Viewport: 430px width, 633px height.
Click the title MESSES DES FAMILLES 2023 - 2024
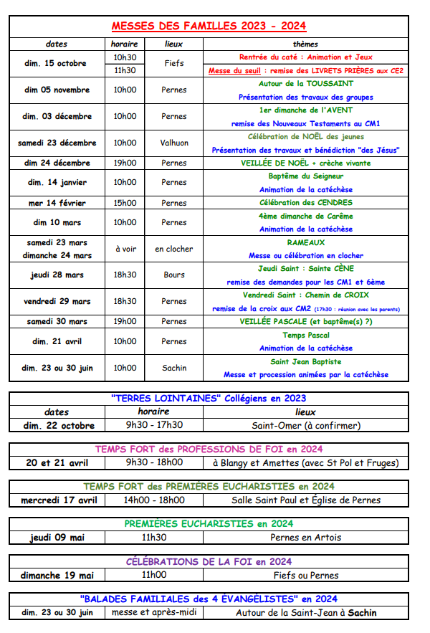pyautogui.click(x=209, y=27)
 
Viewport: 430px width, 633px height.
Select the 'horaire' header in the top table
pyautogui.click(x=125, y=44)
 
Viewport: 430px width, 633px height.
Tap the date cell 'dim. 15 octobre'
pyautogui.click(x=57, y=63)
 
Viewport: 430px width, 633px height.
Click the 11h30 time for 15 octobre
pyautogui.click(x=125, y=70)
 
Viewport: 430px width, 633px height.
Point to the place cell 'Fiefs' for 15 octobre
pyautogui.click(x=173, y=63)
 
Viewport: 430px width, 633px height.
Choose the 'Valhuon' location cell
pyautogui.click(x=173, y=143)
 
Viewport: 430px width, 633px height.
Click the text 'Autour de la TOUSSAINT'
pyautogui.click(x=305, y=83)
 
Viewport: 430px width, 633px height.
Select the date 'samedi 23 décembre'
pyautogui.click(x=57, y=143)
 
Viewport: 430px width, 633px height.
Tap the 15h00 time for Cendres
pyautogui.click(x=125, y=203)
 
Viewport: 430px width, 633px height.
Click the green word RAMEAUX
pyautogui.click(x=305, y=242)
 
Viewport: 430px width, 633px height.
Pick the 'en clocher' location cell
pyautogui.click(x=173, y=249)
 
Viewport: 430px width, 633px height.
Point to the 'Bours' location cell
pyautogui.click(x=173, y=275)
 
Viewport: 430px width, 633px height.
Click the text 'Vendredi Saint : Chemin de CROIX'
pyautogui.click(x=305, y=295)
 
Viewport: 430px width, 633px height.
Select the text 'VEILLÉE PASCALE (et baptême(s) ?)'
pyautogui.click(x=305, y=321)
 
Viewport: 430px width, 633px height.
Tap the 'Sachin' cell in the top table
pyautogui.click(x=173, y=368)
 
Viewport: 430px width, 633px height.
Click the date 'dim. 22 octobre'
pyautogui.click(x=58, y=425)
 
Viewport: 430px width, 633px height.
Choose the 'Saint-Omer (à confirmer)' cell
pyautogui.click(x=305, y=425)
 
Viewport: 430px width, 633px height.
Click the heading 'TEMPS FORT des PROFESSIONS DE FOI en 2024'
pyautogui.click(x=209, y=449)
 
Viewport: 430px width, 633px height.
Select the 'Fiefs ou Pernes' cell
pyautogui.click(x=305, y=575)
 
